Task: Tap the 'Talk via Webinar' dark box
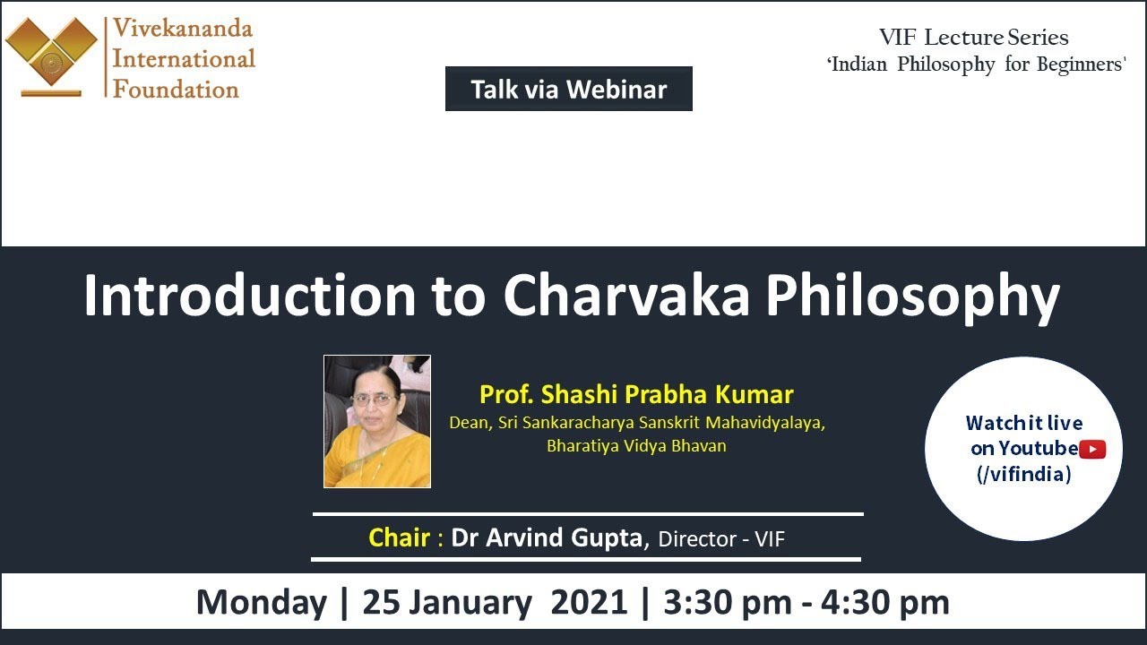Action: point(568,89)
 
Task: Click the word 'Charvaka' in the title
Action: point(625,296)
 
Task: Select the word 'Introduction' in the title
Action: point(249,296)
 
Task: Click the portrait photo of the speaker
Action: point(377,421)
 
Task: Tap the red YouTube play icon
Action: point(1092,449)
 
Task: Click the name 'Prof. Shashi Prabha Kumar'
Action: point(636,394)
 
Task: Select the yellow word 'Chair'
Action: point(400,537)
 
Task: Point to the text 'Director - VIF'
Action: point(721,538)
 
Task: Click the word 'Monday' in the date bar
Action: point(262,602)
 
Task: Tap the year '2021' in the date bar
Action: point(589,602)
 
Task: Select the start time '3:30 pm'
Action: point(727,602)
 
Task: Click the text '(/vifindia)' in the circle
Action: point(1023,474)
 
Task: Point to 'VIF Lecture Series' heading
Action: point(973,38)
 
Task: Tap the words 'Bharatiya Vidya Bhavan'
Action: point(636,445)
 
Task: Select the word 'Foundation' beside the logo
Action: point(176,90)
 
